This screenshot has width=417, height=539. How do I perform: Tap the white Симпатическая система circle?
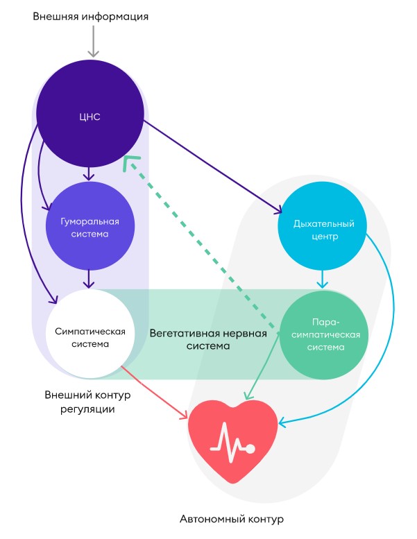point(90,334)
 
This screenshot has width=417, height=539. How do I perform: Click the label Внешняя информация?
point(91,15)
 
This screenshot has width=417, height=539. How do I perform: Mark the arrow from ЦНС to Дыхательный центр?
point(215,166)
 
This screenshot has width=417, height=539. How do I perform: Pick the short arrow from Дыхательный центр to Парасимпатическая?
point(322,279)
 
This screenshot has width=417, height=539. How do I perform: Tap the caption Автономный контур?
point(232,518)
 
